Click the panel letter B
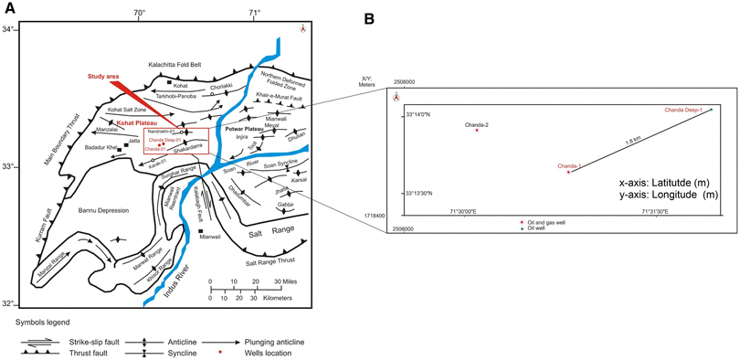395,17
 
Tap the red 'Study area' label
105,78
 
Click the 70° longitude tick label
138,13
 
